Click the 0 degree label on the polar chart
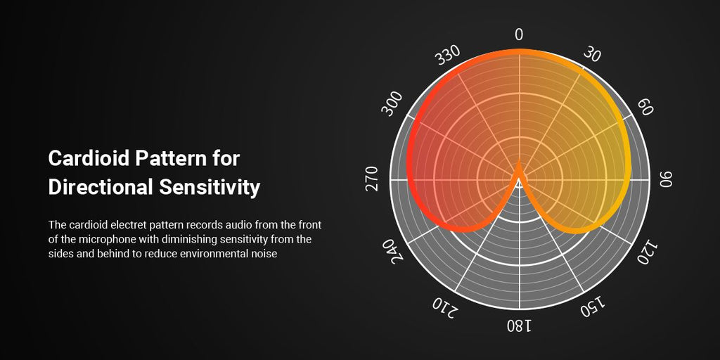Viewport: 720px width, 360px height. pyautogui.click(x=519, y=35)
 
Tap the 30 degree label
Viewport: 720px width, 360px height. pyautogui.click(x=592, y=55)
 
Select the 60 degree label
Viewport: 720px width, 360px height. pyautogui.click(x=645, y=108)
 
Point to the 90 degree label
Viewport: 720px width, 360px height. pyautogui.click(x=666, y=179)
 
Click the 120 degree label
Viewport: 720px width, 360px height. pyautogui.click(x=648, y=252)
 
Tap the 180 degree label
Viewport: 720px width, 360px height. pyautogui.click(x=520, y=326)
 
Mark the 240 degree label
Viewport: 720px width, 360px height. pyautogui.click(x=392, y=251)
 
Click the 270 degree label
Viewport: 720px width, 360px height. pyautogui.click(x=373, y=179)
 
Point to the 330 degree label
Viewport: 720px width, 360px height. pyautogui.click(x=447, y=55)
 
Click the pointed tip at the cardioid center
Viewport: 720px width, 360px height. pyautogui.click(x=519, y=162)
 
